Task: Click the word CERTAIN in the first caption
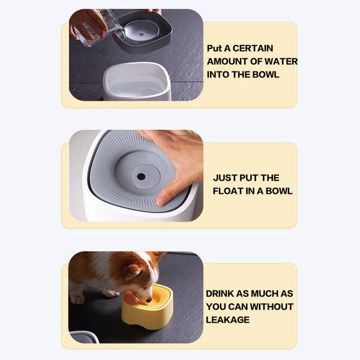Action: (253, 48)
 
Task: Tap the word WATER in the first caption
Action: (281, 62)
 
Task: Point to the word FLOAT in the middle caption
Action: (227, 191)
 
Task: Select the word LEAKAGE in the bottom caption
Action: (227, 320)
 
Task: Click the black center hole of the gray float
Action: (141, 176)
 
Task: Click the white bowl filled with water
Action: (137, 82)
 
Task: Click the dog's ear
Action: (134, 272)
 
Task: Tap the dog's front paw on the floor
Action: (77, 299)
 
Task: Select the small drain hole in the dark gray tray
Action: (142, 35)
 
